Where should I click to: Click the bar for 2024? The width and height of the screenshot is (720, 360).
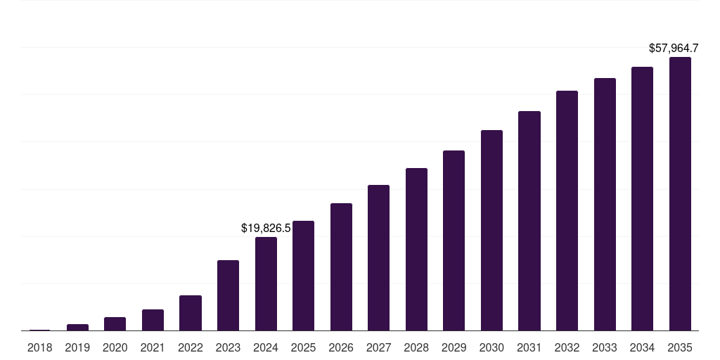click(266, 284)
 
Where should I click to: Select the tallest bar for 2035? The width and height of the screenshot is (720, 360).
click(680, 194)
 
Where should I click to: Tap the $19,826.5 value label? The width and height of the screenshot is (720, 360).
click(266, 228)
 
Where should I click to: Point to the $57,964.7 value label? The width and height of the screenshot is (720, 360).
click(673, 49)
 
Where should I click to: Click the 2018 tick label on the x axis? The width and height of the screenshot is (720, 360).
click(40, 347)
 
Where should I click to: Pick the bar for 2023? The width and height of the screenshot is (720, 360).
click(228, 295)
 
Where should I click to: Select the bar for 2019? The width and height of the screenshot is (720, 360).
click(77, 327)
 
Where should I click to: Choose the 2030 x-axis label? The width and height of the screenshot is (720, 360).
click(492, 347)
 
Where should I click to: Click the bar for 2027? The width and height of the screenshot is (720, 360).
click(378, 258)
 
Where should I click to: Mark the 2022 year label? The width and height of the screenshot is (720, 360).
click(191, 347)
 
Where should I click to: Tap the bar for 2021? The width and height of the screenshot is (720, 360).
click(153, 320)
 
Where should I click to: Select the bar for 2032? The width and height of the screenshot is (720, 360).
click(567, 211)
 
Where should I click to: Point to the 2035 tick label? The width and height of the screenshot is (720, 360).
click(680, 347)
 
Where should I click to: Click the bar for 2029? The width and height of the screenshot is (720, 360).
click(454, 240)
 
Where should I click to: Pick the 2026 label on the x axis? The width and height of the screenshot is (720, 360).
click(341, 347)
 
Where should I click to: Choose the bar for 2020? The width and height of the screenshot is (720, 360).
click(115, 324)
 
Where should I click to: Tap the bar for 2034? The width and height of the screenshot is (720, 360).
click(642, 199)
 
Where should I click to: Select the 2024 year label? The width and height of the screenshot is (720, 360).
click(266, 347)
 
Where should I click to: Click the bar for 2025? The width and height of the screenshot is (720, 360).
click(303, 276)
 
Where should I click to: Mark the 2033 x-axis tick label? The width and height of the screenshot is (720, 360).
click(605, 347)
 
